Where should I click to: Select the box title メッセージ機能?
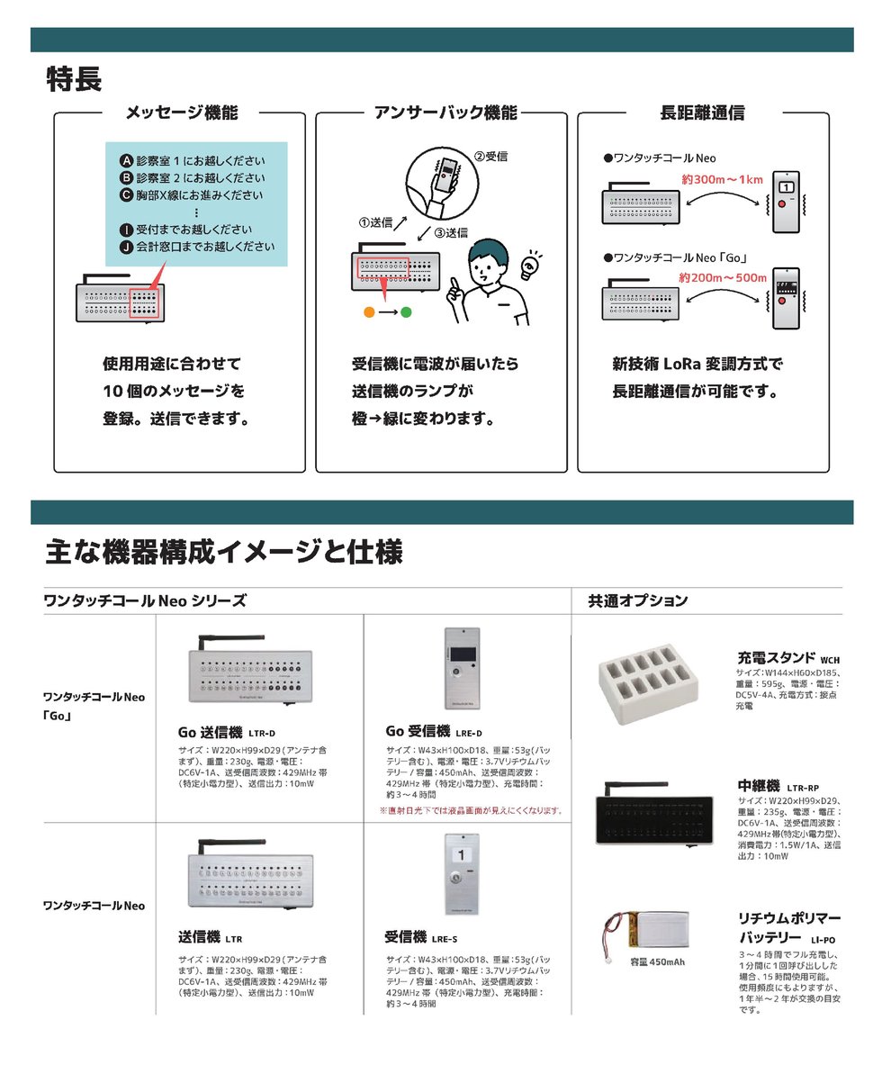click(182, 113)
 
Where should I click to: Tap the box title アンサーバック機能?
click(445, 113)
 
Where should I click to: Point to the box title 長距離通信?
click(702, 113)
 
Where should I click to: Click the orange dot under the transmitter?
click(368, 312)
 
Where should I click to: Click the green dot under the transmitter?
click(406, 312)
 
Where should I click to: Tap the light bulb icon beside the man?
click(532, 264)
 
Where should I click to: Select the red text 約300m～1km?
click(722, 180)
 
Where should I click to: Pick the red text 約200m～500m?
click(723, 277)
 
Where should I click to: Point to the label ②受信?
click(490, 156)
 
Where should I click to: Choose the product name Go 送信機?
click(211, 730)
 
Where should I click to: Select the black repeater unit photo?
click(659, 813)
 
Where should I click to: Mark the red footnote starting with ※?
click(472, 810)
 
